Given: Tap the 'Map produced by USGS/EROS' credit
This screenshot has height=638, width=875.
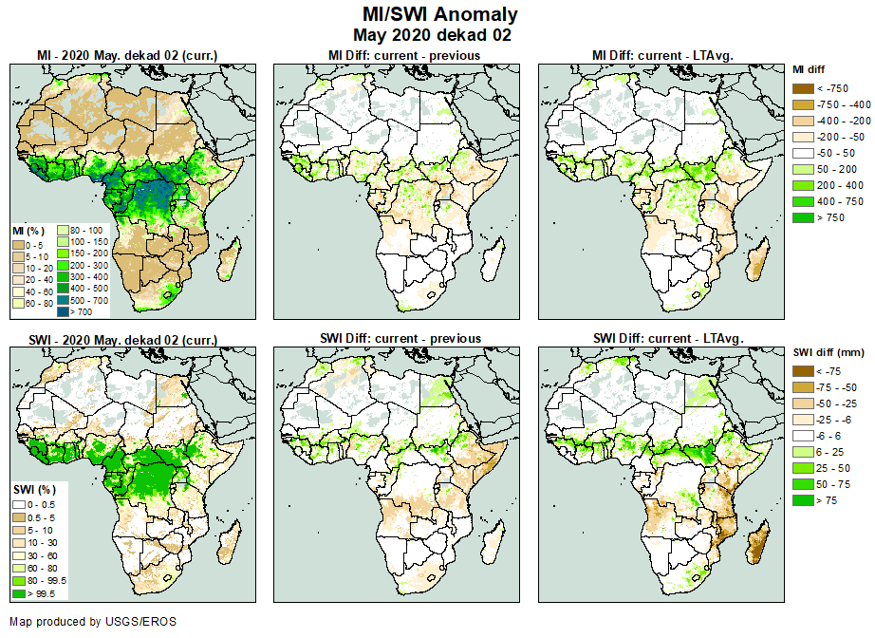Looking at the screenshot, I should pyautogui.click(x=93, y=622).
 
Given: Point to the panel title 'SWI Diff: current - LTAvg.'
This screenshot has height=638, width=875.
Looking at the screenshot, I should pyautogui.click(x=668, y=338).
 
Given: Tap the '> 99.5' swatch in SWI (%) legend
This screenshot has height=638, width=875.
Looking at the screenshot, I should pyautogui.click(x=17, y=593).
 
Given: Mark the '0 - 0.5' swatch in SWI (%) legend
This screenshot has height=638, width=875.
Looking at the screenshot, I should pyautogui.click(x=17, y=503).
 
